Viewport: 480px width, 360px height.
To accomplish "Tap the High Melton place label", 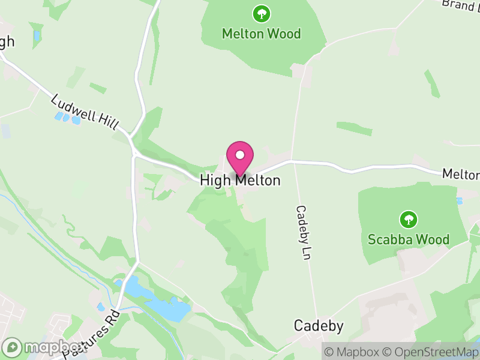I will [240, 180].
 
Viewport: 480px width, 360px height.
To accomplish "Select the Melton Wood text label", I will [261, 34].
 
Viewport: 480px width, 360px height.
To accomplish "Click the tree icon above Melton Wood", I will [261, 13].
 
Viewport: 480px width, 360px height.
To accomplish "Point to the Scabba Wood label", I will [408, 239].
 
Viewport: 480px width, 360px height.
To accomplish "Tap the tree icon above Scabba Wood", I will [408, 219].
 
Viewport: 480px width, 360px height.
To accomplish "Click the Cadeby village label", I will [319, 326].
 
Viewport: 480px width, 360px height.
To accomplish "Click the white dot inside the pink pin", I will [240, 155].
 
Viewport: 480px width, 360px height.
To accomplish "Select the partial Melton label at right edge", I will [461, 174].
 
